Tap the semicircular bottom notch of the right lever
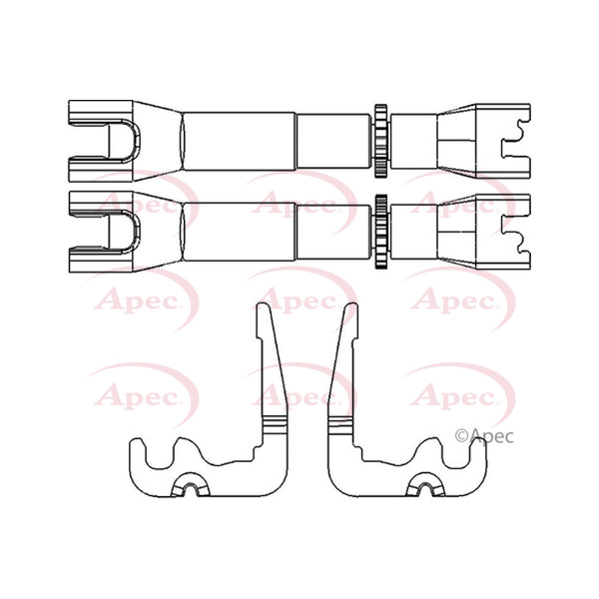[x=423, y=488]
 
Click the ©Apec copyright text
[x=484, y=434]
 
